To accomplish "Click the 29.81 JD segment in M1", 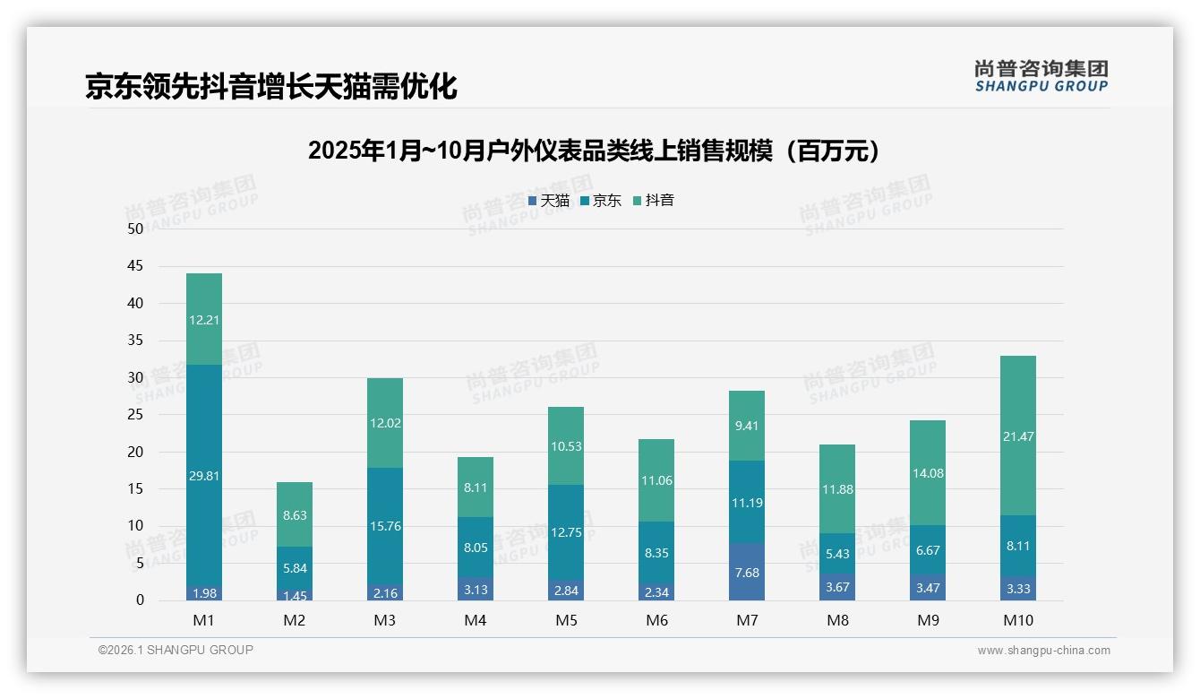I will (204, 476).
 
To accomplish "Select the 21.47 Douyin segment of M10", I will (1018, 436).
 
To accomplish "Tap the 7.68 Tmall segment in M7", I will (747, 572).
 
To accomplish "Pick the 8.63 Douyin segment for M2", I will (295, 514).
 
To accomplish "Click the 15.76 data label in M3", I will (385, 526).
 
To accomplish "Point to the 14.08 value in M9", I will (928, 473).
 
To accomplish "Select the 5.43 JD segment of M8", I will (837, 553).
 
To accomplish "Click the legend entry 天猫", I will (549, 201).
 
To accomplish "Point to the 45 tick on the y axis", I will (135, 266).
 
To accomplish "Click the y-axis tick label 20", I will (135, 452).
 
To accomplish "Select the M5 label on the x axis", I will (566, 620).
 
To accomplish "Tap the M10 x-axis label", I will (1018, 620).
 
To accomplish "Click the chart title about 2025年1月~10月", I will (594, 151).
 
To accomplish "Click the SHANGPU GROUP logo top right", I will (1041, 76).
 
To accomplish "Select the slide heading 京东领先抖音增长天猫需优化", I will (271, 86).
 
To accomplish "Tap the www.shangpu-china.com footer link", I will (1043, 651).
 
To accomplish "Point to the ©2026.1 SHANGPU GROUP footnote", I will (176, 650).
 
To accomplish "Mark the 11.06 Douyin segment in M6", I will (656, 480).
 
